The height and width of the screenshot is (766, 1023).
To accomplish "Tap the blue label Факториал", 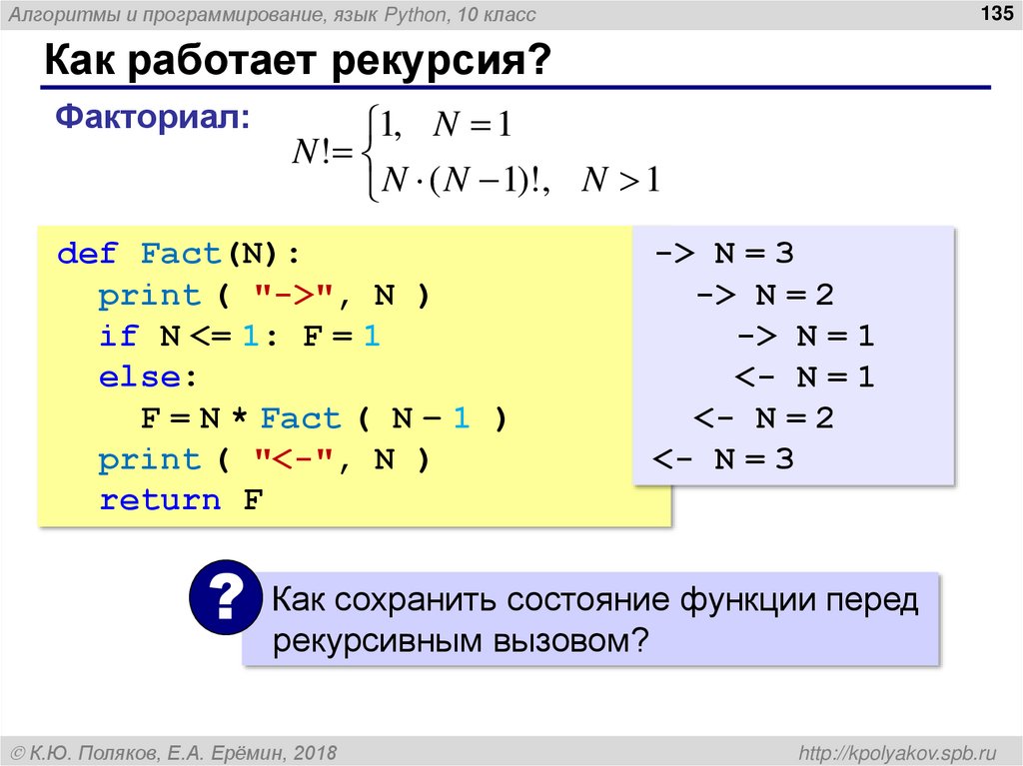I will coord(153,118).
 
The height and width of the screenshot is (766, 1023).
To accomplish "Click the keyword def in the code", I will coord(88,254).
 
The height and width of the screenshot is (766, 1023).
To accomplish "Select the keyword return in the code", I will coord(160,500).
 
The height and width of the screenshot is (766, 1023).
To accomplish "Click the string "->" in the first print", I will coord(298,296).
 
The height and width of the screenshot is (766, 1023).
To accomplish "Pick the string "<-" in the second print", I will coord(298,459).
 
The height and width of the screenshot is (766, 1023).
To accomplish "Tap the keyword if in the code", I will coord(119,337).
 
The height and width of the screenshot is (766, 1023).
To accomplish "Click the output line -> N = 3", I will coord(724,254).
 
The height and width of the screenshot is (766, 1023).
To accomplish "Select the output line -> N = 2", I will coord(765,296).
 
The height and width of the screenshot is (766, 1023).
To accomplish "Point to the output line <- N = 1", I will coord(805,378).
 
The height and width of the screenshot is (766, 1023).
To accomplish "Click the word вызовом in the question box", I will coord(563,640).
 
